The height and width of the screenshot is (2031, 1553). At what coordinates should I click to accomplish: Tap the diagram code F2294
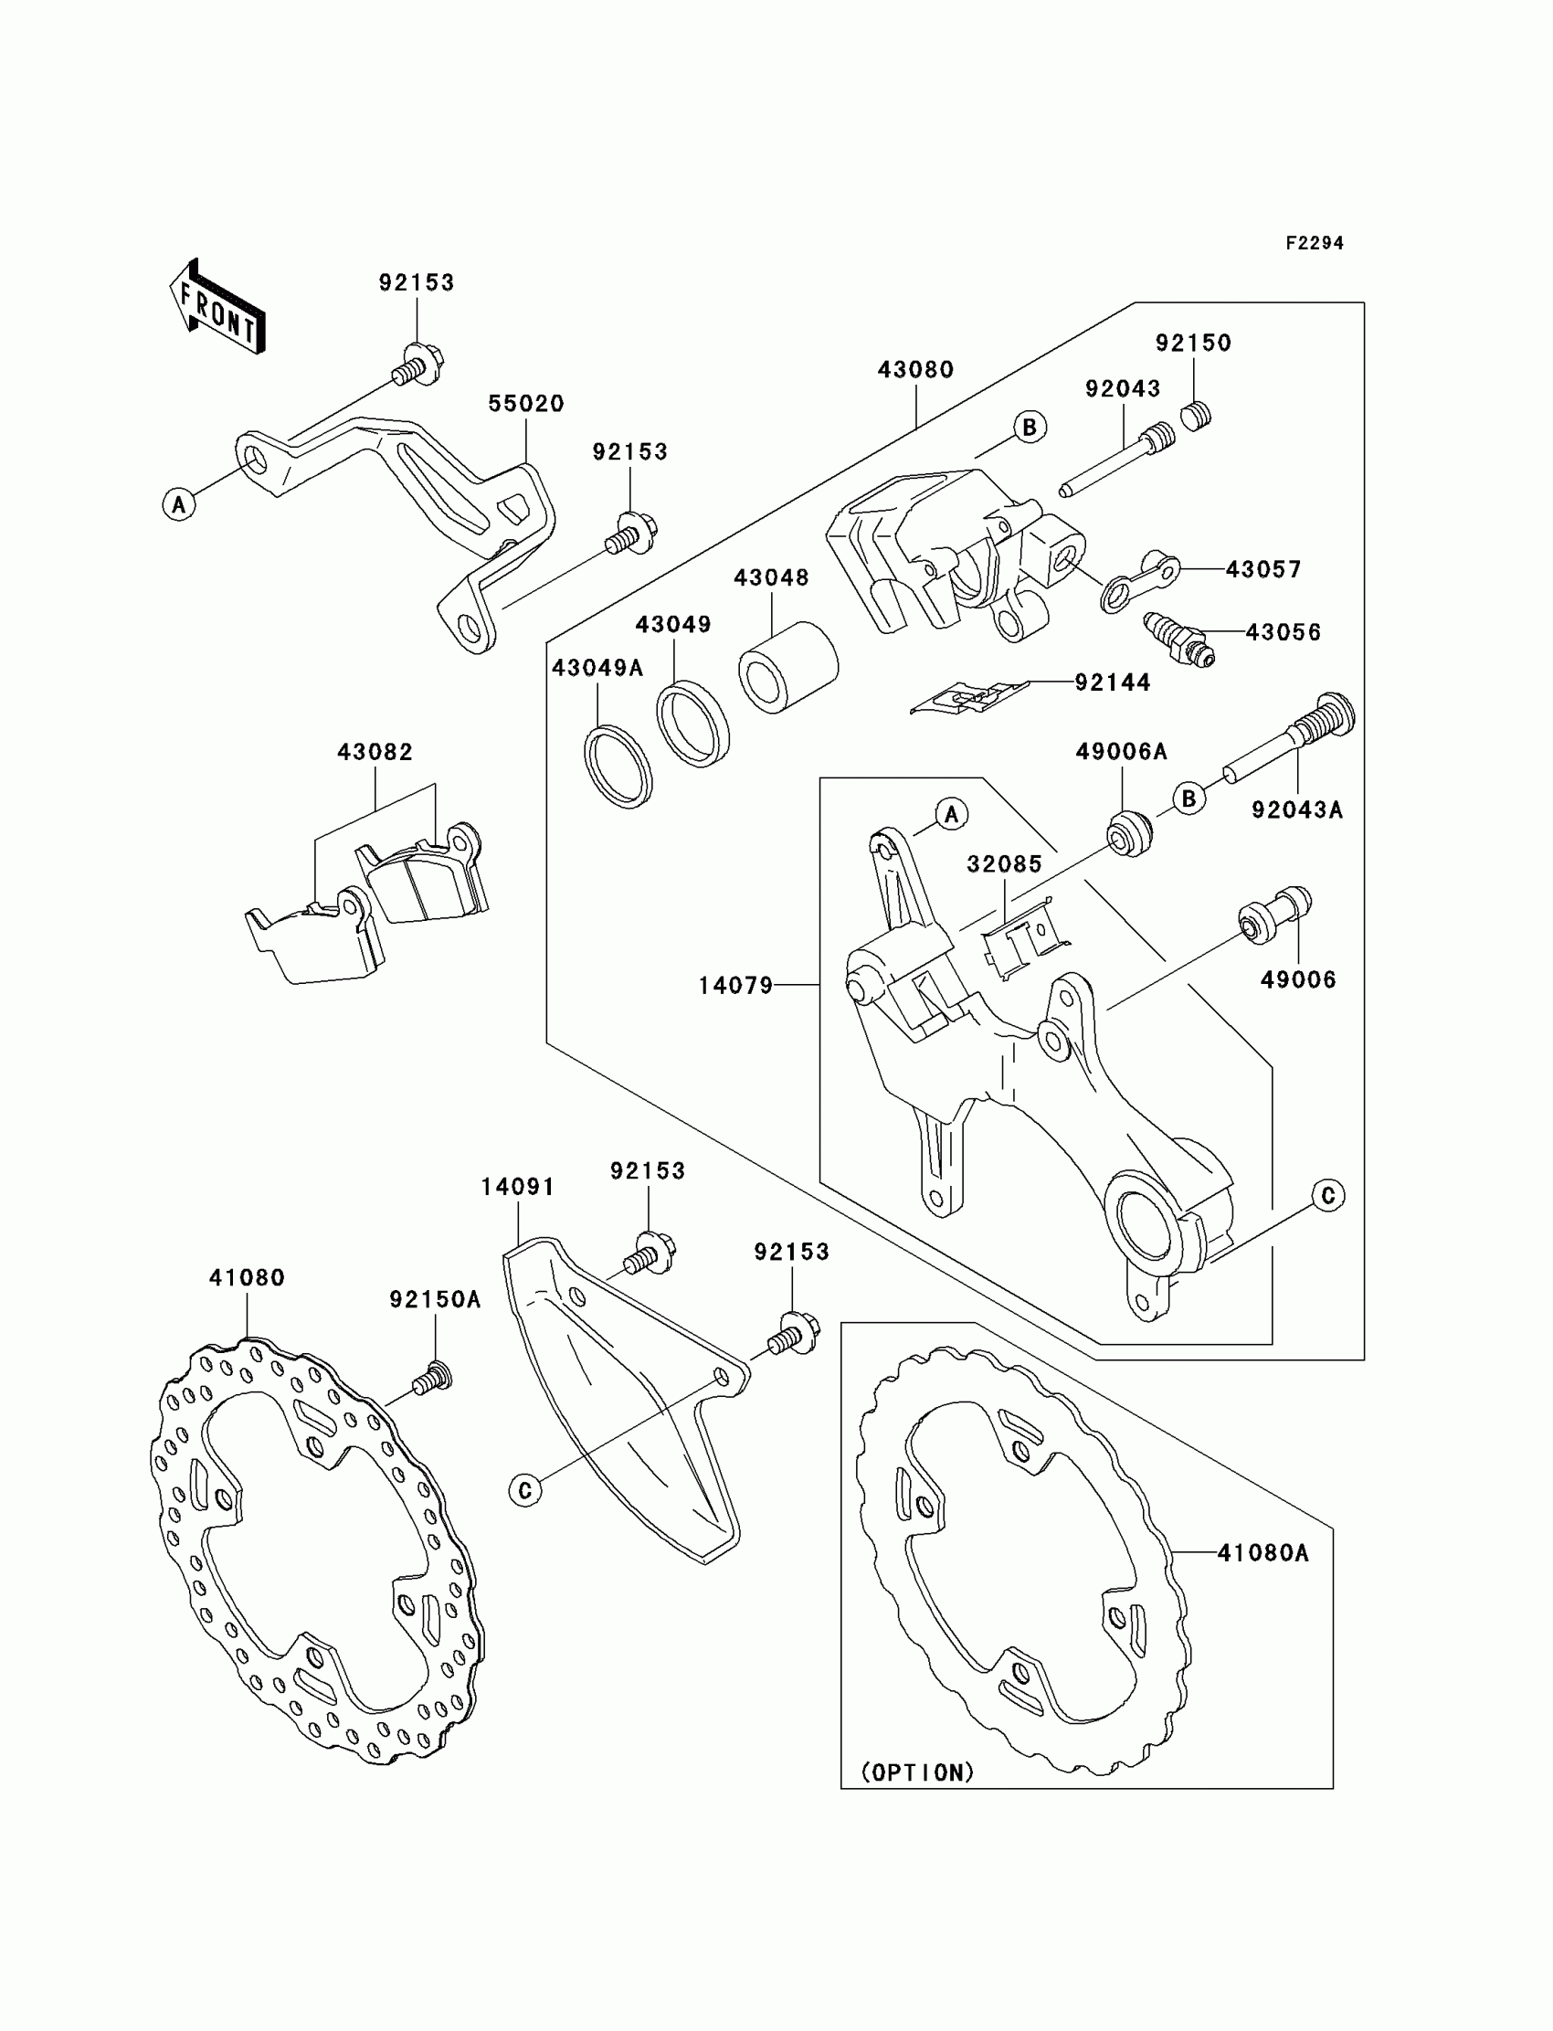(x=1314, y=243)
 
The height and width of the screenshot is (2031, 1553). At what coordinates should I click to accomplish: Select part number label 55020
(x=525, y=404)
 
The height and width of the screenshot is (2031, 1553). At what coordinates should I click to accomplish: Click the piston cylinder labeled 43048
(x=787, y=667)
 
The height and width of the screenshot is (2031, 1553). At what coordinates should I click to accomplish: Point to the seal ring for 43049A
(x=618, y=767)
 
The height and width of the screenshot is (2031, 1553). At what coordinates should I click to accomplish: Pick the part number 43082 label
(x=375, y=753)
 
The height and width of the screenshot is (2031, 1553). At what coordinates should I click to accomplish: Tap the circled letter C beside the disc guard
(x=525, y=1490)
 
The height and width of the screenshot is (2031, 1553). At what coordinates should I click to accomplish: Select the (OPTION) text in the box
(x=917, y=1772)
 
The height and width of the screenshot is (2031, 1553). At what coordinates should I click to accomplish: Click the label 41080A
(x=1262, y=1553)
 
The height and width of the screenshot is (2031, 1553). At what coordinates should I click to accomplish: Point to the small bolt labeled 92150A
(x=432, y=1382)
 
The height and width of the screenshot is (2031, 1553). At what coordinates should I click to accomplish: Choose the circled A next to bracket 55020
(x=179, y=504)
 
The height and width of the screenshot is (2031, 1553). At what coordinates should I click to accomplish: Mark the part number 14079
(x=734, y=987)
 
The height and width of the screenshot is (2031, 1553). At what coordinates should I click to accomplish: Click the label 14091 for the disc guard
(x=518, y=1187)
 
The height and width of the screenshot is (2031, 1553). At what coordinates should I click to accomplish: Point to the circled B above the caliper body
(x=1029, y=427)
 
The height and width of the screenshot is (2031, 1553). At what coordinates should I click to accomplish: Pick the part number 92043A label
(x=1296, y=809)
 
